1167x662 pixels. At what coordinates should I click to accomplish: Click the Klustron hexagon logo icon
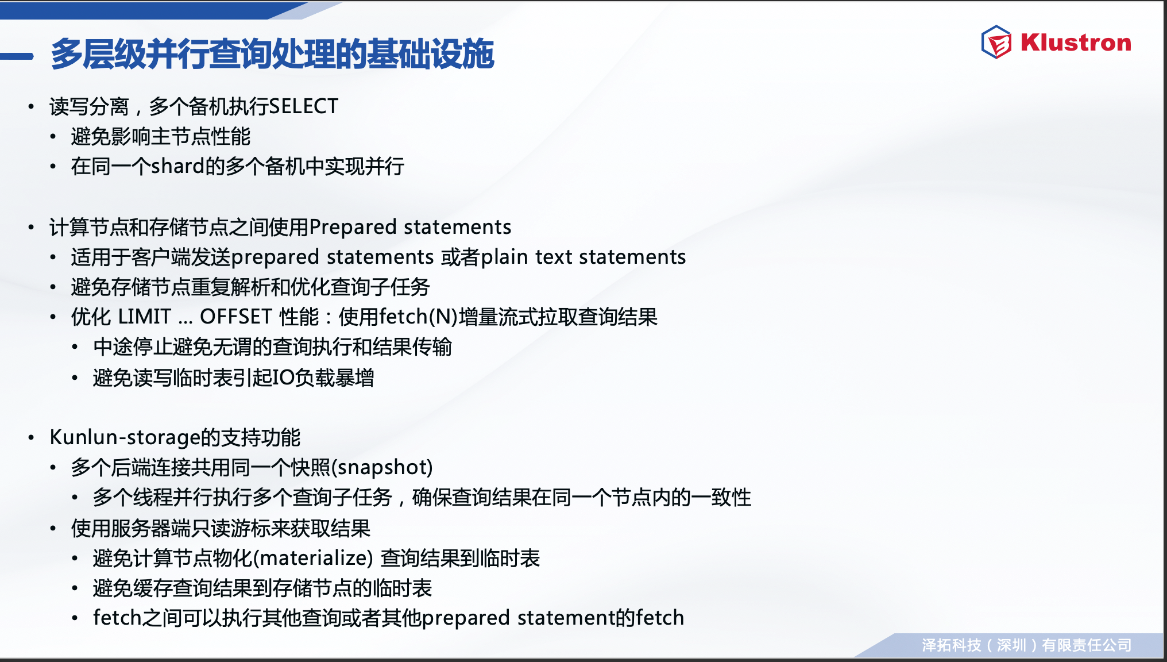(x=996, y=42)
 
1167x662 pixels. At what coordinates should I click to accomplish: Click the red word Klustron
(x=1076, y=43)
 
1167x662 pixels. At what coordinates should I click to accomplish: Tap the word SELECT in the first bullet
(x=304, y=106)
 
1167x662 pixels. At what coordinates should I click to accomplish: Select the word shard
(x=178, y=166)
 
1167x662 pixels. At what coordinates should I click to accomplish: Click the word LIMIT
(x=144, y=317)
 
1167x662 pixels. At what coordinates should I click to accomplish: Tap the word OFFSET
(x=236, y=317)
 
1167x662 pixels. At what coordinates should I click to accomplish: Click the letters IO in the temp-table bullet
(x=284, y=378)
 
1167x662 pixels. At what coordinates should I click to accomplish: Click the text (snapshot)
(x=382, y=467)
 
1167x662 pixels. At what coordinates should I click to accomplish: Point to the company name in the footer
(x=1027, y=645)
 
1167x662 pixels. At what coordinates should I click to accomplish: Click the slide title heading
(x=272, y=54)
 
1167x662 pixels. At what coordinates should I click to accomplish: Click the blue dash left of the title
(x=17, y=56)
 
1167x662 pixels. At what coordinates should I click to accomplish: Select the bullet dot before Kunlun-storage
(x=31, y=438)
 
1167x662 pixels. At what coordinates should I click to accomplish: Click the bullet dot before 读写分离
(x=31, y=107)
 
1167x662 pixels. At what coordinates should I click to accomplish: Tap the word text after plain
(x=554, y=257)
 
